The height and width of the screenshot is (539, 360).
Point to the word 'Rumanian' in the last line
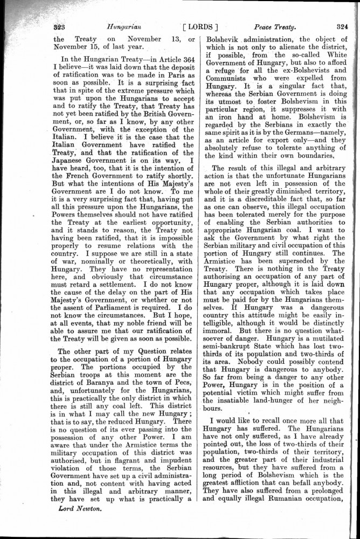click(280, 503)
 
